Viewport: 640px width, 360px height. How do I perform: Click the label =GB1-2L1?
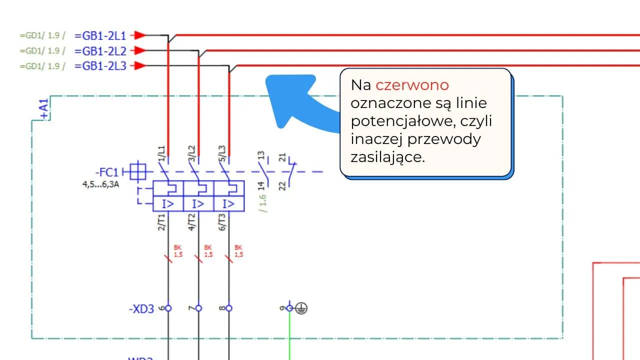pos(100,35)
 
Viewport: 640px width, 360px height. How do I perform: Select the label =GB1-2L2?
pos(100,50)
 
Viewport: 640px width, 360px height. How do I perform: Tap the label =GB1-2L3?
pos(100,65)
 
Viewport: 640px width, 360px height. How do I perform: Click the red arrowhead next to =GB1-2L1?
pos(140,35)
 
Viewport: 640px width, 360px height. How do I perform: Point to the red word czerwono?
pos(412,85)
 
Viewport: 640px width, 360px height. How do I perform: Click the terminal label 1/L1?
pos(161,153)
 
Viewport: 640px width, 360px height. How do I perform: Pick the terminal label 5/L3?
pos(221,153)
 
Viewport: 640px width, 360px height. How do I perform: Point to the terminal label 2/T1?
pos(161,221)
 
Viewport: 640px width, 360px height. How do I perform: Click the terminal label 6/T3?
pos(221,221)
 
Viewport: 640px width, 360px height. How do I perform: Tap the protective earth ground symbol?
pos(301,308)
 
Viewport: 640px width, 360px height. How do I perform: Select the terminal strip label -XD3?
pos(141,309)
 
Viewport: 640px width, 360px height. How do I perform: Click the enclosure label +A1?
pos(44,109)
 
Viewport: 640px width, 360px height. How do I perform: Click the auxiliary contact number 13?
pos(260,156)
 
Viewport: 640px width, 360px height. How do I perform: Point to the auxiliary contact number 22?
pos(282,185)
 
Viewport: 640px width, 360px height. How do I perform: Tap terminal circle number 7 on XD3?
pos(198,308)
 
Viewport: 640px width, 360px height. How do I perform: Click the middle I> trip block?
pos(198,204)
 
